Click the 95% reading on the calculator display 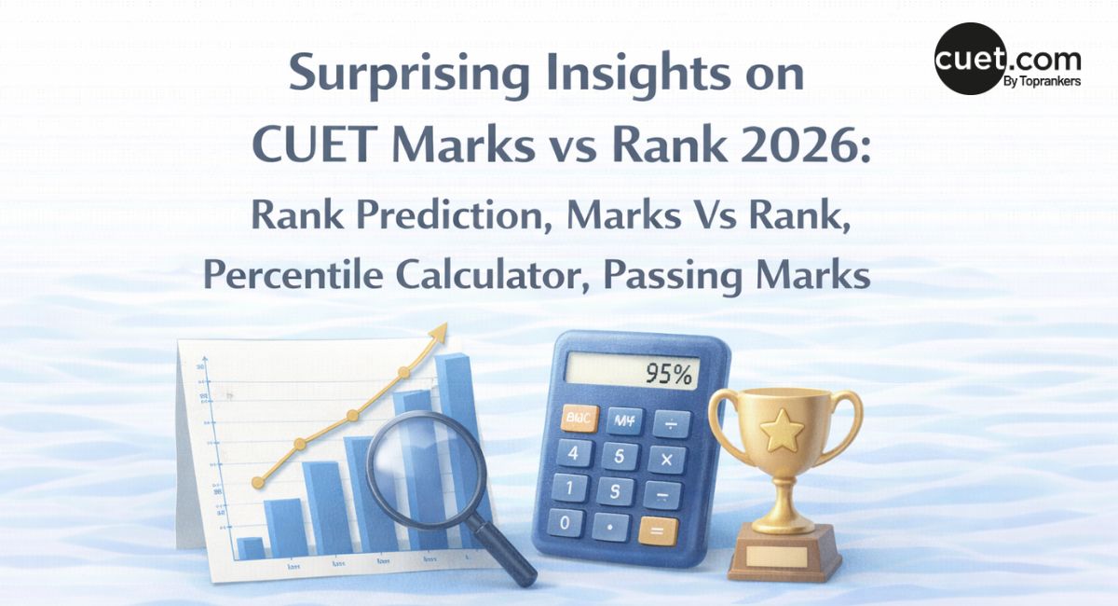670,375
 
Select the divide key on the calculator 672,424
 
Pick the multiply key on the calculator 666,460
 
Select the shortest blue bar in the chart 250,547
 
